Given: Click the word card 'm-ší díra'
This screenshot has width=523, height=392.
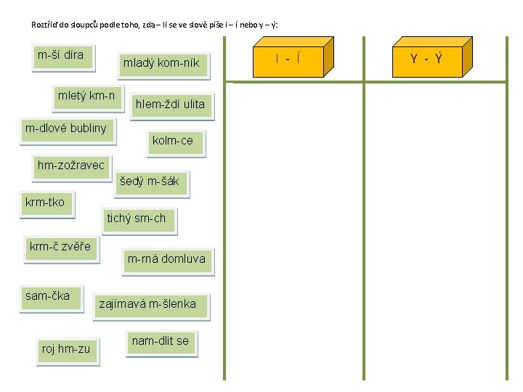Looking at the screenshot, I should tap(61, 56).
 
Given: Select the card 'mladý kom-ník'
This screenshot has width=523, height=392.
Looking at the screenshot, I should tap(161, 64).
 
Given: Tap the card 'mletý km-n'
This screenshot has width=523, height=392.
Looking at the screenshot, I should tap(86, 96).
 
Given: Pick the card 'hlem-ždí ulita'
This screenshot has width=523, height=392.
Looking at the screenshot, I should tap(170, 105).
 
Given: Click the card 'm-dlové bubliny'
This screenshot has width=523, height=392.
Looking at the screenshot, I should tap(66, 129).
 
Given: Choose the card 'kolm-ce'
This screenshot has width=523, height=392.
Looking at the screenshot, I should tap(173, 141).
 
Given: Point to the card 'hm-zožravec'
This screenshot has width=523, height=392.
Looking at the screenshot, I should tap(71, 166).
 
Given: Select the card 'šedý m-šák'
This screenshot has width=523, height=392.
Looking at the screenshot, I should tap(149, 181).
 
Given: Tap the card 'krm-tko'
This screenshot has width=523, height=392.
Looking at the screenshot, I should tap(45, 203).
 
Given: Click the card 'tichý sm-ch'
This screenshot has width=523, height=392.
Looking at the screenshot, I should tap(137, 219).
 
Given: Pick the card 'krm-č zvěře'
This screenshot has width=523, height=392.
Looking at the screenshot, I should tap(60, 247).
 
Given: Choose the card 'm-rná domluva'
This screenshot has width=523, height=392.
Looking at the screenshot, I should tap(166, 259).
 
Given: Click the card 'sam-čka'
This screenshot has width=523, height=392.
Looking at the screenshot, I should tap(48, 296).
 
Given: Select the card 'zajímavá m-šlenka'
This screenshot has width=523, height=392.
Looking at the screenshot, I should tap(147, 305).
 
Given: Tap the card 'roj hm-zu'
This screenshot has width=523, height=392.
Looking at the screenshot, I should tap(66, 349).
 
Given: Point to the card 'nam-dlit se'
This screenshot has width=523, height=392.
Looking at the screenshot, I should tap(161, 341).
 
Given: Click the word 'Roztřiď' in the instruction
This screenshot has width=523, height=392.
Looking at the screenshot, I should tap(44, 25).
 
